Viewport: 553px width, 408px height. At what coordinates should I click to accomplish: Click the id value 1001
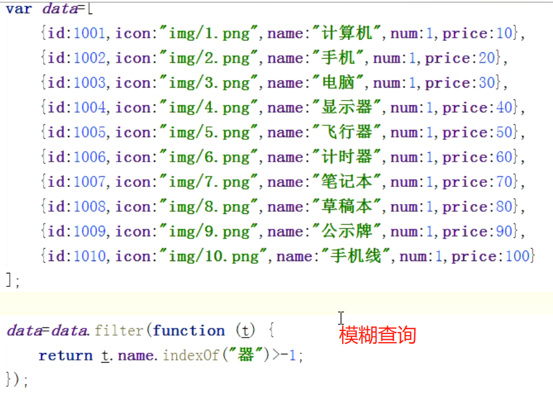(x=91, y=34)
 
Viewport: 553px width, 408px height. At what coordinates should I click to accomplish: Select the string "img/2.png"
(x=209, y=58)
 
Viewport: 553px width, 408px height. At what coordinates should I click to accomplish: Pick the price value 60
(x=504, y=157)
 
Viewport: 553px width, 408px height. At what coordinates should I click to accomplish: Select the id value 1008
(x=91, y=206)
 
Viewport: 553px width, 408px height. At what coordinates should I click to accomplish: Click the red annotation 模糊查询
(x=378, y=335)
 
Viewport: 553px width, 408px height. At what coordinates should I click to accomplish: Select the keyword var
(x=19, y=9)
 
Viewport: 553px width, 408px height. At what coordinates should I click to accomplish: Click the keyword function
(x=189, y=331)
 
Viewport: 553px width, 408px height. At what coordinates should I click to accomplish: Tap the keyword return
(x=65, y=356)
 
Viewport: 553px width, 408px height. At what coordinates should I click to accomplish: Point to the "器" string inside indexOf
(x=246, y=356)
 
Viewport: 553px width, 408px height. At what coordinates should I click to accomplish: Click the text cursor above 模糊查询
(x=341, y=317)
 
